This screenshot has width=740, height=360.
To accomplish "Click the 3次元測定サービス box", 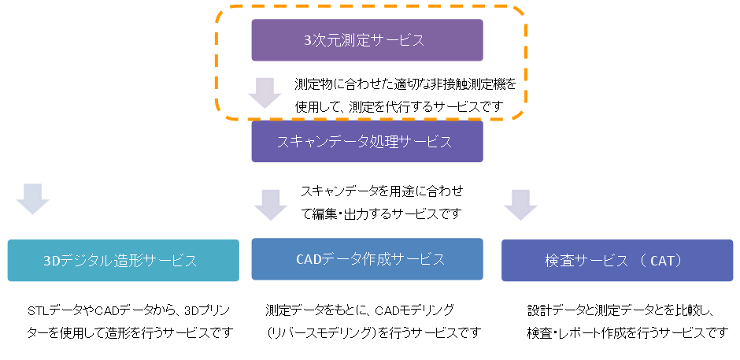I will pyautogui.click(x=367, y=40).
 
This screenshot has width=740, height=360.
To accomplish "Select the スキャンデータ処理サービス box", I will pyautogui.click(x=367, y=142).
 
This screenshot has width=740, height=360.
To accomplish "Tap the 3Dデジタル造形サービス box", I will pyautogui.click(x=123, y=261).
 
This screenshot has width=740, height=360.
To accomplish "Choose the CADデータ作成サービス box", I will pyautogui.click(x=367, y=259).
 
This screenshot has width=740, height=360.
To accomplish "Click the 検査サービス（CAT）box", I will pyautogui.click(x=616, y=261).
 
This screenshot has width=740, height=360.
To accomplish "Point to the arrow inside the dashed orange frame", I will pyautogui.click(x=265, y=92).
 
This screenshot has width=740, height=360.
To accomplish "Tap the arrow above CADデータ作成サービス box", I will pyautogui.click(x=271, y=204).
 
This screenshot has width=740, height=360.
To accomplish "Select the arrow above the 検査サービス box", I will pyautogui.click(x=520, y=204).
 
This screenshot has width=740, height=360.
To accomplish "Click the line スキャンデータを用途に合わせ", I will pyautogui.click(x=382, y=191).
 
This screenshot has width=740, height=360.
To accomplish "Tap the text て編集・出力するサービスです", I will pyautogui.click(x=382, y=213).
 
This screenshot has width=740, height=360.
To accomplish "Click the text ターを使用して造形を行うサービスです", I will pyautogui.click(x=130, y=332).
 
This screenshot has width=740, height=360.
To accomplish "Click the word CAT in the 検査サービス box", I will pyautogui.click(x=663, y=261).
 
